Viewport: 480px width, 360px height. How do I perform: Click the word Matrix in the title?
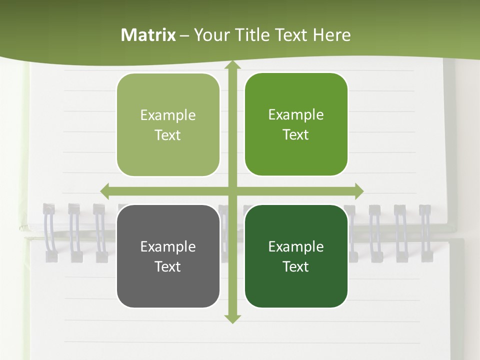[x=148, y=35]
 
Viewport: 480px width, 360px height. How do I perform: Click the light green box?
[x=168, y=125]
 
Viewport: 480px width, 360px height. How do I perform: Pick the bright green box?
[x=296, y=124]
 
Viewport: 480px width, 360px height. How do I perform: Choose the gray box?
[x=168, y=256]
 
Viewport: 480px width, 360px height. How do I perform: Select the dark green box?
[x=296, y=256]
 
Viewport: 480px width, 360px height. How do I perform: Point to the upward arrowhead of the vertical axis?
[x=232, y=65]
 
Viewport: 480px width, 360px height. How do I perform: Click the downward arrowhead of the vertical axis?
[x=232, y=318]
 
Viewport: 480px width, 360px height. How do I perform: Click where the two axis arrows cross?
[x=232, y=191]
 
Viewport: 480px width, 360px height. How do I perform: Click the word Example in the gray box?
[x=168, y=246]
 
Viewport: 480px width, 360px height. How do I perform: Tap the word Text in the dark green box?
[x=296, y=266]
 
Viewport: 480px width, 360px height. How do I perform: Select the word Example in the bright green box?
[x=296, y=115]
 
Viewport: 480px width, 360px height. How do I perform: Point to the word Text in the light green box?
[x=168, y=135]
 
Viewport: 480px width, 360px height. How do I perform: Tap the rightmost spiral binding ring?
[x=425, y=232]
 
